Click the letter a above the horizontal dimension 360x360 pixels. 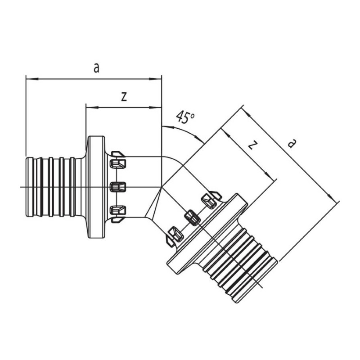coord(97,68)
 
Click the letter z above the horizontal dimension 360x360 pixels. coord(124,97)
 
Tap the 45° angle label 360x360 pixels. coord(185,117)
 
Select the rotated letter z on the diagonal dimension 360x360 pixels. coord(252,145)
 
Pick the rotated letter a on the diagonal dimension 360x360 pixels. coord(291,143)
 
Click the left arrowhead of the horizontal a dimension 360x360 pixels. coord(32,79)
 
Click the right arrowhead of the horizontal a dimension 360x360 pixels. coord(156,79)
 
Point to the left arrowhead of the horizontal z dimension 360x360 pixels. coord(92,107)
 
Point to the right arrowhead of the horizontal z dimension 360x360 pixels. coord(156,107)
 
